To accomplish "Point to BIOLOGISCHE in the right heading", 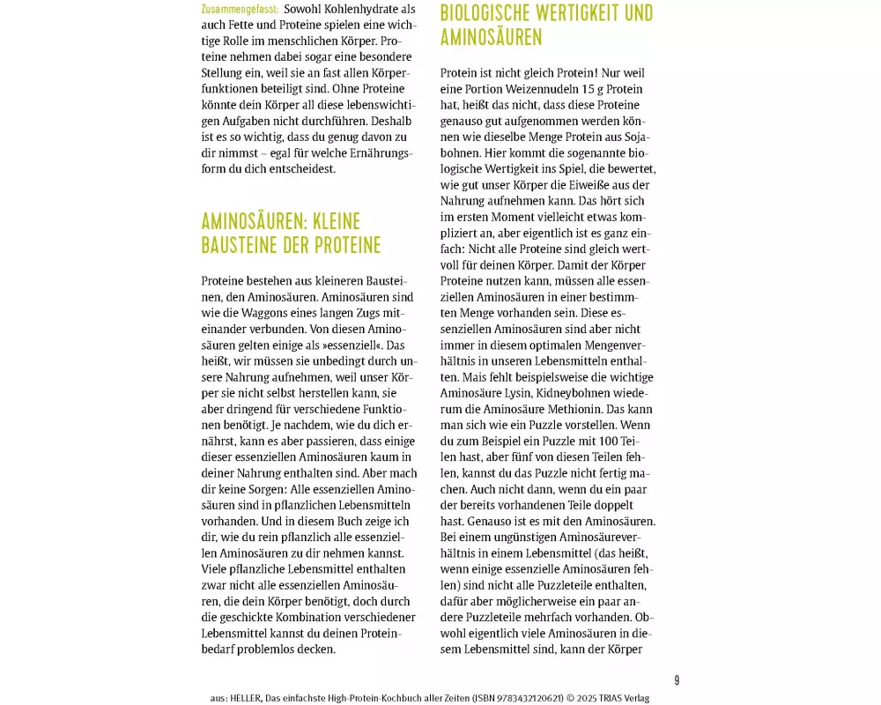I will (499, 13).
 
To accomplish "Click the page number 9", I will (677, 680).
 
